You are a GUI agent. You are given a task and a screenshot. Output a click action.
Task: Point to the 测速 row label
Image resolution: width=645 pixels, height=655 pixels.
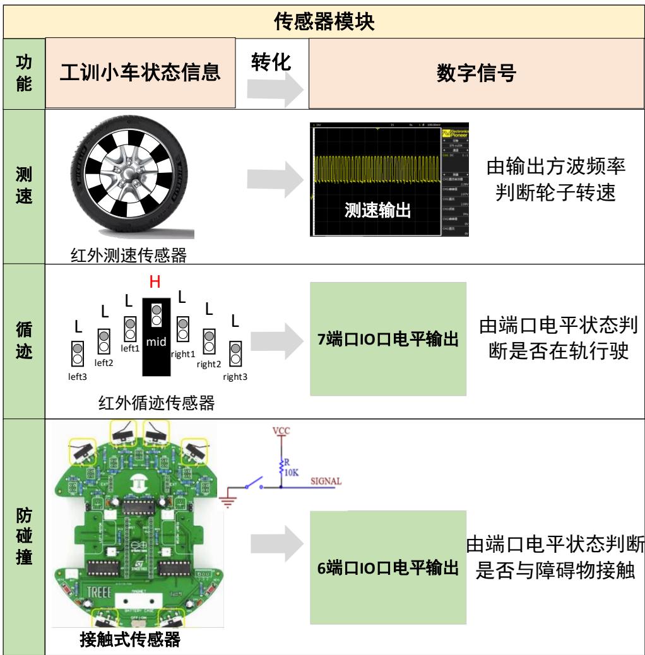23,187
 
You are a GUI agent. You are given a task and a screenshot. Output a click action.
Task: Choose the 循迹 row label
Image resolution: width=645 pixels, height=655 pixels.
23,341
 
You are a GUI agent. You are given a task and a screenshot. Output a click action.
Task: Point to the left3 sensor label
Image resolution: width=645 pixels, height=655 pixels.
78,376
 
